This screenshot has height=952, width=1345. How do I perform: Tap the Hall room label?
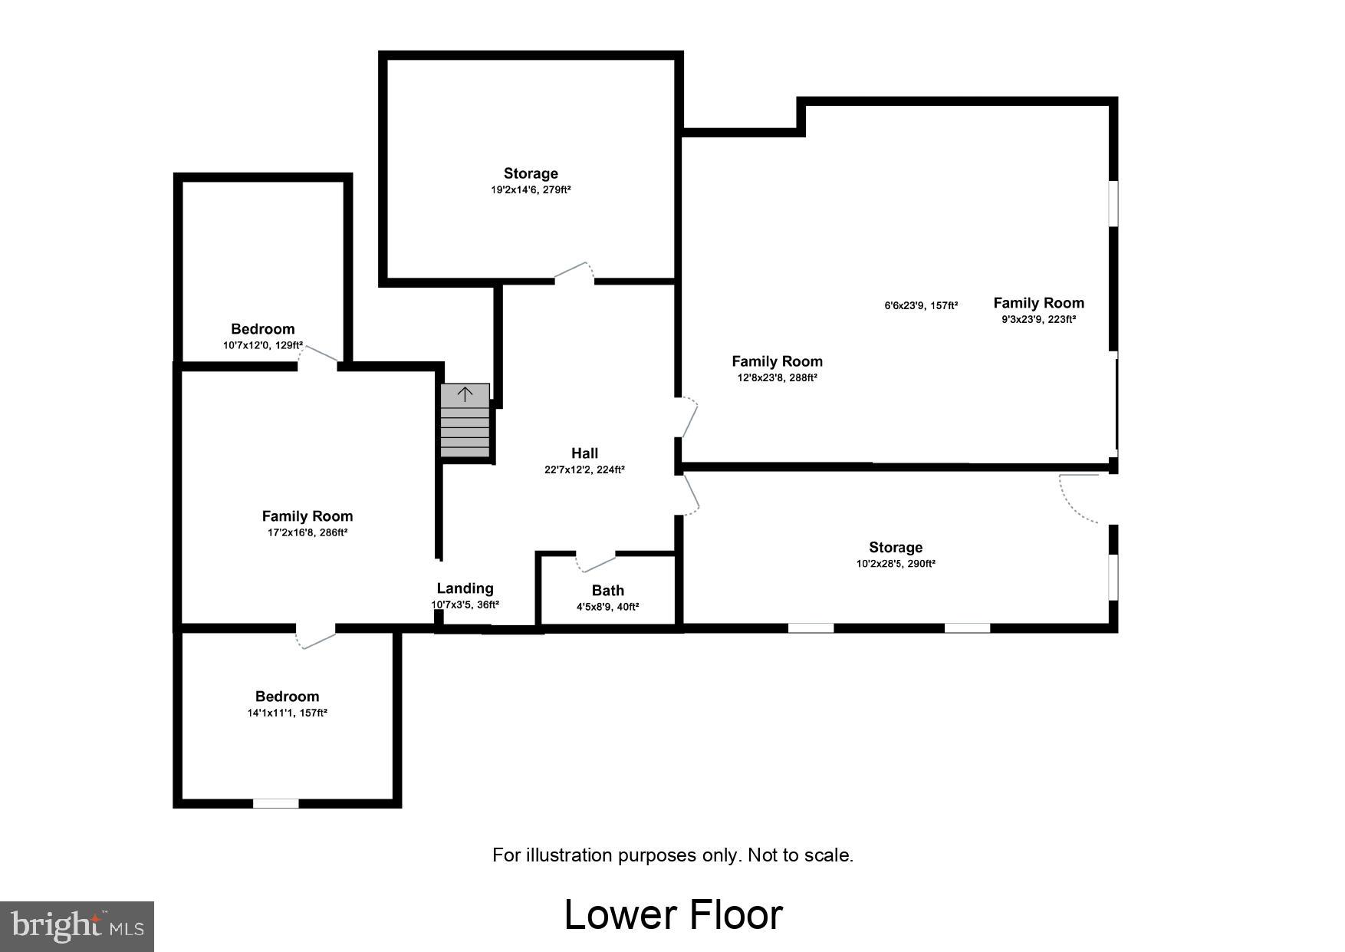pos(584,453)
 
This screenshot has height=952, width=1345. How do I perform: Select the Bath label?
pos(607,591)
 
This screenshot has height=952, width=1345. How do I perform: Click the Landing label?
pos(465,588)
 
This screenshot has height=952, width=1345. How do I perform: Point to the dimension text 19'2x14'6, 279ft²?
pos(531,189)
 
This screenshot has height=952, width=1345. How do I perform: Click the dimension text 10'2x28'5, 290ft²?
pos(896,564)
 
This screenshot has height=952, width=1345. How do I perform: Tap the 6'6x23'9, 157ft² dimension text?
pos(921,306)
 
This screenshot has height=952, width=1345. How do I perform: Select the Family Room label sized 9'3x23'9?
pos(1038,303)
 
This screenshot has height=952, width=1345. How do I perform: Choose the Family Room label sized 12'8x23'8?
pos(777,361)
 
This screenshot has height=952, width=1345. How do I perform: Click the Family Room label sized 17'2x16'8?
pos(307,516)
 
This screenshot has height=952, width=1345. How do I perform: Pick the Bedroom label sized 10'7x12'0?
pos(263,329)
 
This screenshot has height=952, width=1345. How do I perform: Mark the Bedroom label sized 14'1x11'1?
pos(287,697)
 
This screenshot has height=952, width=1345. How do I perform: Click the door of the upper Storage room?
pos(574,272)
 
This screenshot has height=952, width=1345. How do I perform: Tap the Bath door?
pos(597,562)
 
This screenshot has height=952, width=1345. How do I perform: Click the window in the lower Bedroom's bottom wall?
pos(276,803)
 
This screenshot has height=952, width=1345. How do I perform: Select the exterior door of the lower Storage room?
pos(1081,499)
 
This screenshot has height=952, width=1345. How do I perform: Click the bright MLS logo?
pos(77,926)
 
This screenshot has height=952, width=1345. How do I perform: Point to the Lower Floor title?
pos(673,914)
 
